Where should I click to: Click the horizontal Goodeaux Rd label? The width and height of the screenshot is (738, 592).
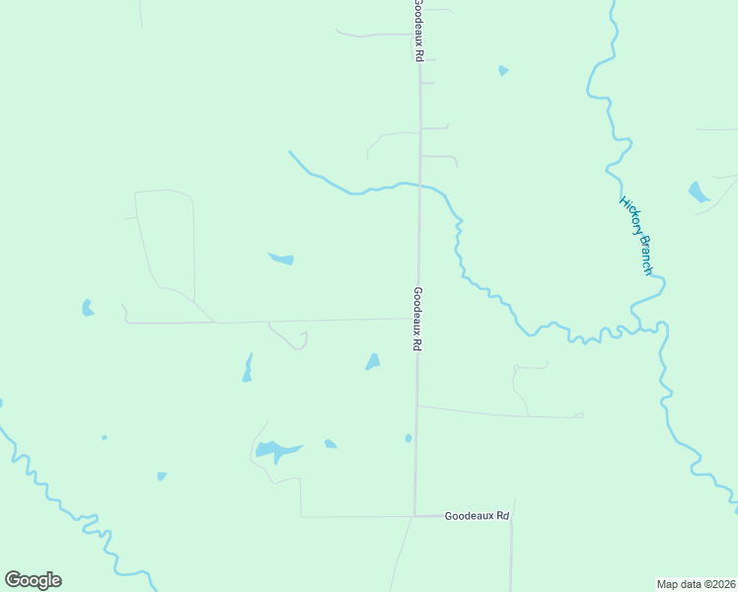click(477, 516)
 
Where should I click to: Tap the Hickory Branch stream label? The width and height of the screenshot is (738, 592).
click(636, 235)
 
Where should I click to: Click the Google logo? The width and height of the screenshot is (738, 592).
click(33, 580)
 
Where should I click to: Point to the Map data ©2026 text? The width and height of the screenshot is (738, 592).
click(695, 583)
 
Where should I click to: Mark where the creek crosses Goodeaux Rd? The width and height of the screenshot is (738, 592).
click(419, 185)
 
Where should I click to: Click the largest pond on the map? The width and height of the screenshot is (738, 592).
click(275, 451)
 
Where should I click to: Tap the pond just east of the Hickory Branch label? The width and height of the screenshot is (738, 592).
click(699, 191)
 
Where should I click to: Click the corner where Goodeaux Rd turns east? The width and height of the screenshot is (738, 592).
click(414, 516)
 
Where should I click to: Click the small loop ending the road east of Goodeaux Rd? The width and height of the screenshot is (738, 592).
click(580, 415)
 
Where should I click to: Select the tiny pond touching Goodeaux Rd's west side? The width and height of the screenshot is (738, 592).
click(408, 438)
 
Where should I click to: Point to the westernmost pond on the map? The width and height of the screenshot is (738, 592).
click(87, 308)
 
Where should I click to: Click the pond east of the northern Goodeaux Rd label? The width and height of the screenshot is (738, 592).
click(503, 70)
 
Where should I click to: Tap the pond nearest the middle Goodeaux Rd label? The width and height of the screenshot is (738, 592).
click(373, 362)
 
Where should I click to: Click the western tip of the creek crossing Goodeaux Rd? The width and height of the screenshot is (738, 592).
click(289, 152)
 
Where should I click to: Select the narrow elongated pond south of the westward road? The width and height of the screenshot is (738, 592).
click(247, 368)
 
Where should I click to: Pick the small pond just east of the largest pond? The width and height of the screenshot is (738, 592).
click(331, 444)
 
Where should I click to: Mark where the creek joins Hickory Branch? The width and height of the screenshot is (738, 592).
click(659, 326)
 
